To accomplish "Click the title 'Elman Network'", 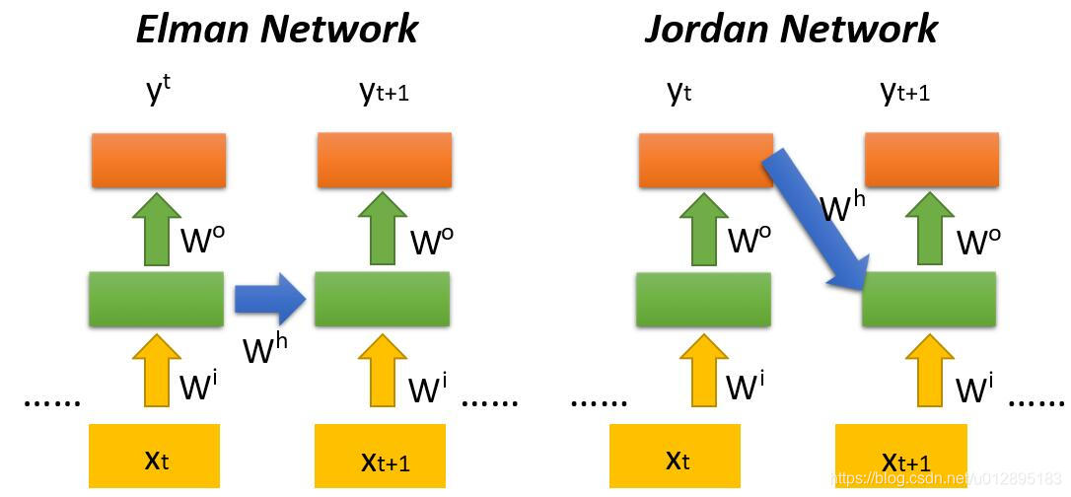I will pos(277,29).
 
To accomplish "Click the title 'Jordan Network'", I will pos(790,29).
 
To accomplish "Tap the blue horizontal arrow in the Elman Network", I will pos(271,299).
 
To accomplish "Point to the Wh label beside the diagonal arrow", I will pos(843,207).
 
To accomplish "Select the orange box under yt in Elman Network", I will pos(158,159).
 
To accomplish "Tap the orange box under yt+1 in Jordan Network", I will pos(931,159).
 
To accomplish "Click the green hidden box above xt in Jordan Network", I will pos(702,298).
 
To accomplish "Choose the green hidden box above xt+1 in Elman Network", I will pos(383,298).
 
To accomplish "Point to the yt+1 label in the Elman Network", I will pos(384,93).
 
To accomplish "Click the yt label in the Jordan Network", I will pos(679,93).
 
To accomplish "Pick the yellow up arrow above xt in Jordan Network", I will pos(702,369).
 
